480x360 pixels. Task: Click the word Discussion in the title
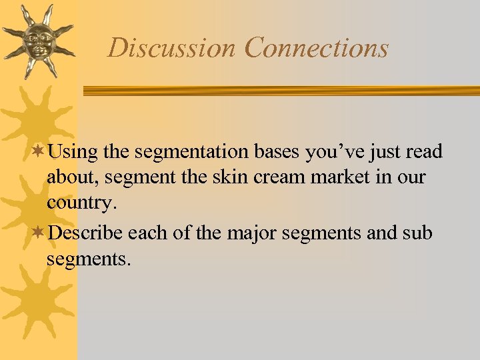click(172, 48)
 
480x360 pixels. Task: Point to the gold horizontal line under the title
click(280, 91)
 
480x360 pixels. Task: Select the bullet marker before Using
click(39, 152)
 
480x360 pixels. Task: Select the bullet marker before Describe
click(39, 233)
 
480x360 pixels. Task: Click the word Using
click(73, 152)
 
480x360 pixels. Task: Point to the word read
click(424, 152)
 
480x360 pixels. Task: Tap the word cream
click(265, 178)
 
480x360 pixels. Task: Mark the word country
click(81, 204)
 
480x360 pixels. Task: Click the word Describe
click(86, 233)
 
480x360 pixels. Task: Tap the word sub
click(418, 233)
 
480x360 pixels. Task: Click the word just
click(385, 153)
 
